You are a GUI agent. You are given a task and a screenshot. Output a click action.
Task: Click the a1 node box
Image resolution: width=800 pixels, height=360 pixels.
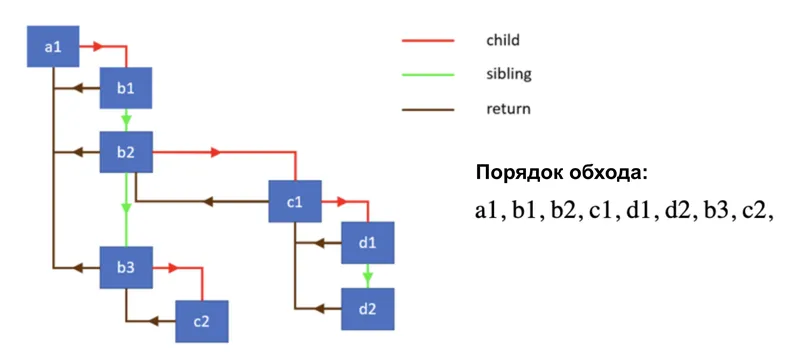(52, 47)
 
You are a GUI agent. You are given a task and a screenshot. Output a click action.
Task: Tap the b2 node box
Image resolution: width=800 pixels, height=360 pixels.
(125, 152)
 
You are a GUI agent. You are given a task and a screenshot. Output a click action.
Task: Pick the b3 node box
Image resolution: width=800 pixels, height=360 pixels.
(125, 267)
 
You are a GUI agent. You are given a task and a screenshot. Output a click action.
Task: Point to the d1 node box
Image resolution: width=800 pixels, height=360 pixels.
(367, 242)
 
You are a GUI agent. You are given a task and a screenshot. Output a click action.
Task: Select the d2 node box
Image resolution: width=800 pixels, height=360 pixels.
(367, 307)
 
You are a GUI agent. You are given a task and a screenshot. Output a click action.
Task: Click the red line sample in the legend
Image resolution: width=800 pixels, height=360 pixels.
(427, 41)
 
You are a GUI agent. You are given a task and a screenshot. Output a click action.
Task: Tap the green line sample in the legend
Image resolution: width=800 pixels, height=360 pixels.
(427, 75)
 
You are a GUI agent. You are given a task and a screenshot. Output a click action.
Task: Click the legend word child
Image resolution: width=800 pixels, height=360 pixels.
(503, 41)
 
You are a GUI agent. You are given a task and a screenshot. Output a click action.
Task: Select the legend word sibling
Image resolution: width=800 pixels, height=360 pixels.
(508, 75)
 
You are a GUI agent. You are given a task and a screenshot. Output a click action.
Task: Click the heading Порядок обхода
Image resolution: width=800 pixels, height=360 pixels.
(561, 172)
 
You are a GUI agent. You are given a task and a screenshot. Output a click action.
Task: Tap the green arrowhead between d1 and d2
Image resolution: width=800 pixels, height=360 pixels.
(367, 274)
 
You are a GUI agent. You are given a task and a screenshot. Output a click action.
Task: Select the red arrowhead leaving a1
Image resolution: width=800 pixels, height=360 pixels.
(97, 46)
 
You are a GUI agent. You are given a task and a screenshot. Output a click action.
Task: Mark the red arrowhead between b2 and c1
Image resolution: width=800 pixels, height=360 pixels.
(214, 153)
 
